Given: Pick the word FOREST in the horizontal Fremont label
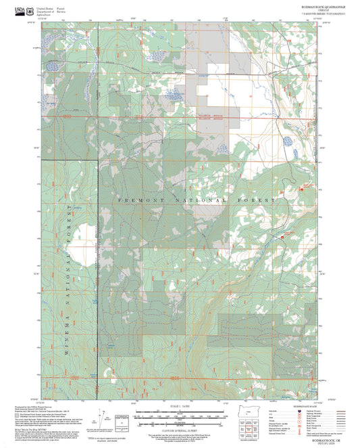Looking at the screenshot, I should coord(258,201).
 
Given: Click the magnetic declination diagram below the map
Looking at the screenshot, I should coord(102,416).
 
